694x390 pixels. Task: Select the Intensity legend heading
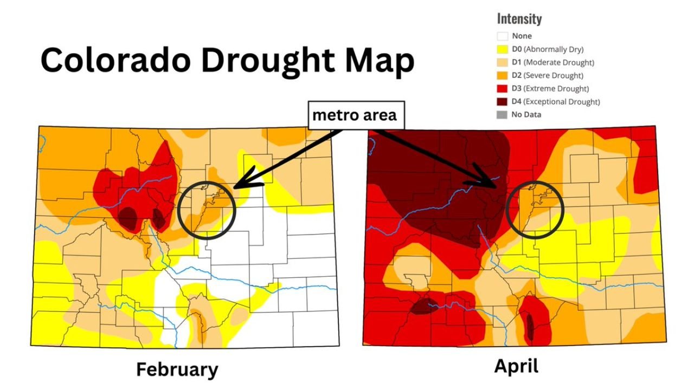point(519,19)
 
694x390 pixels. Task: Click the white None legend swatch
point(503,36)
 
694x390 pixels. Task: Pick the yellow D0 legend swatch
point(503,49)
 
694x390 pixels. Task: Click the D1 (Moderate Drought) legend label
point(553,62)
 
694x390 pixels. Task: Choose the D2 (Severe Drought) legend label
point(548,75)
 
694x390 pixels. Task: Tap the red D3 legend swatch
point(503,88)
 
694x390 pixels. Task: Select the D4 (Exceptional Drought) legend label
point(556,101)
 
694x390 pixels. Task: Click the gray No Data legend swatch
point(503,114)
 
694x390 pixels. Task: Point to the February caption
point(177,369)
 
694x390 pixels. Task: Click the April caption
point(516,366)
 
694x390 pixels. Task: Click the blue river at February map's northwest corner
point(42,142)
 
